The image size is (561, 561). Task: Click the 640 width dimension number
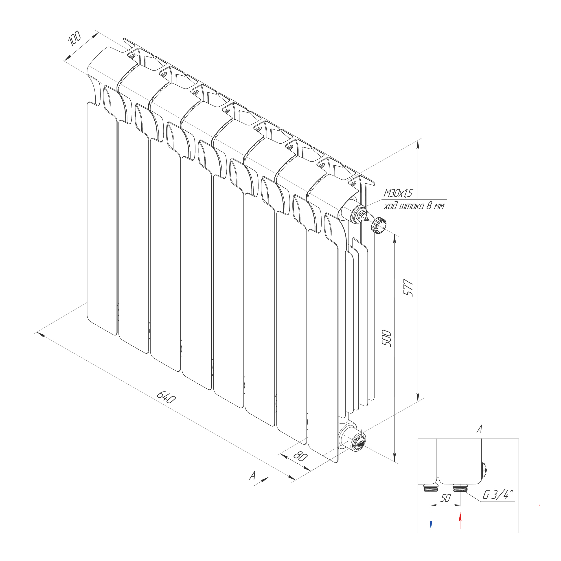(166, 397)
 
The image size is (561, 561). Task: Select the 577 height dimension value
(409, 287)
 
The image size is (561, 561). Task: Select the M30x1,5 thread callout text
(398, 193)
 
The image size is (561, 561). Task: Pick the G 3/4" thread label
(498, 495)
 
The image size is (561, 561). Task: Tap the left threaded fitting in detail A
(431, 488)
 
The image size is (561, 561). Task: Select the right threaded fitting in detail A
(460, 488)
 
